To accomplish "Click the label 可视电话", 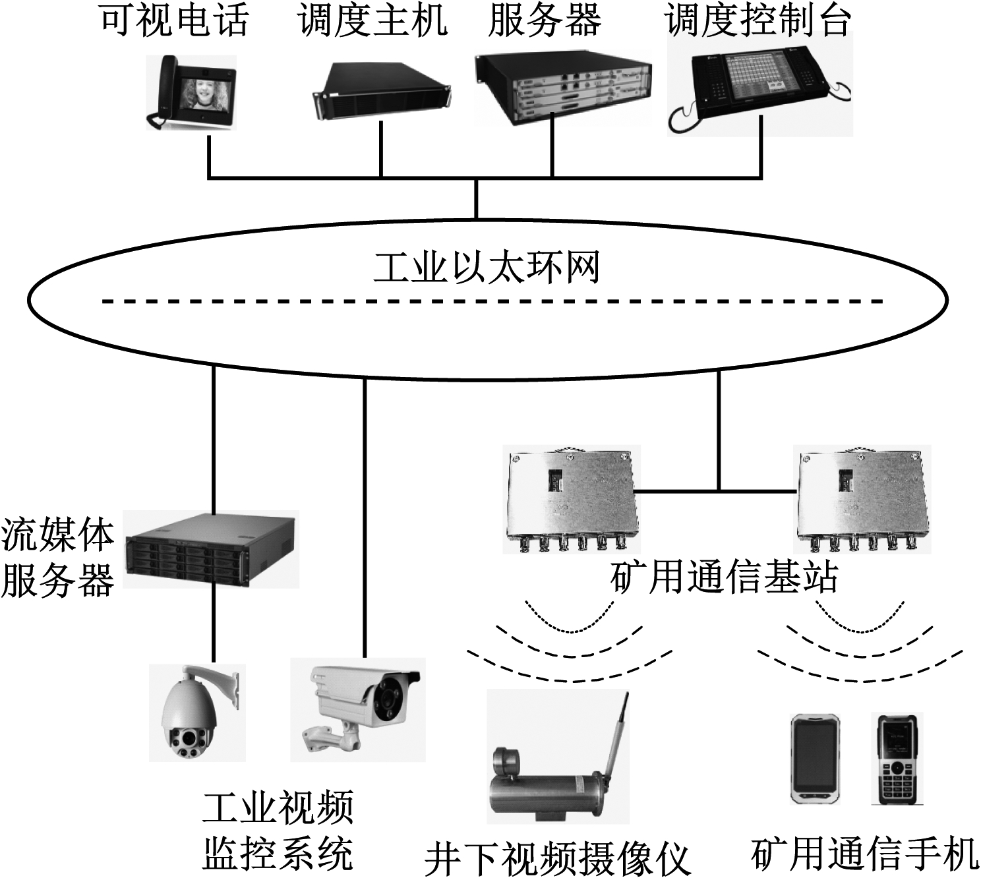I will point(175,21).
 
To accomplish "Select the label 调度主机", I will point(373,21).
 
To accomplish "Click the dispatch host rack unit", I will point(381,91).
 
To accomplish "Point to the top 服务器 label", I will point(545,21).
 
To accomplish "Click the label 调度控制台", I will point(758,21).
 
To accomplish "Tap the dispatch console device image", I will point(759,84).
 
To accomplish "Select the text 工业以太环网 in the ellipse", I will point(487,268).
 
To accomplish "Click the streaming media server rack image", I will point(211,550).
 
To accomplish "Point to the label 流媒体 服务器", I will point(58,558).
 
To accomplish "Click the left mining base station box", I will point(570,501).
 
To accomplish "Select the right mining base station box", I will point(864,501).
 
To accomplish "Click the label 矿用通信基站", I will point(724,578).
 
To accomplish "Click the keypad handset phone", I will point(896,758).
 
